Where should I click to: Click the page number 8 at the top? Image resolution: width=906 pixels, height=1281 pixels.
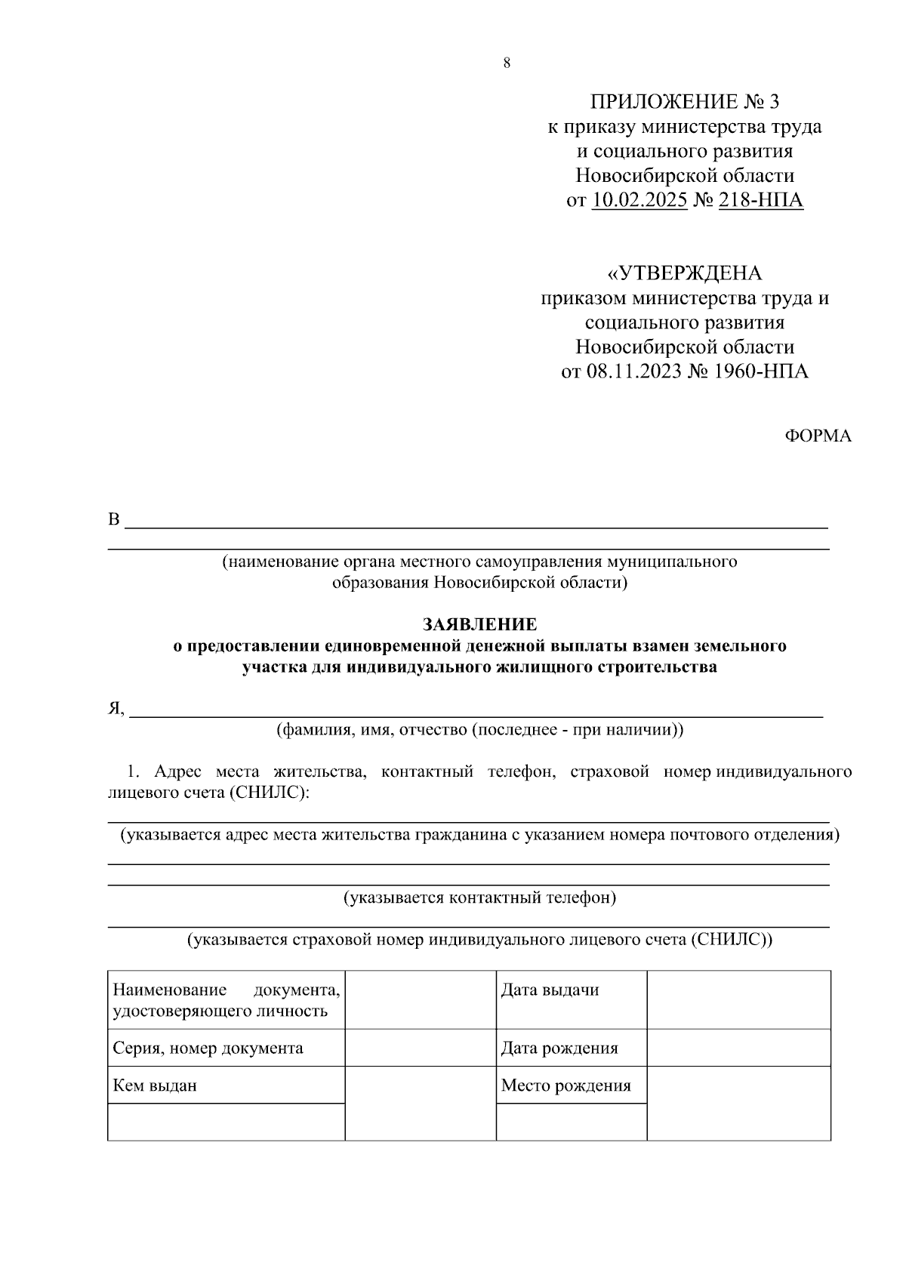pyautogui.click(x=507, y=63)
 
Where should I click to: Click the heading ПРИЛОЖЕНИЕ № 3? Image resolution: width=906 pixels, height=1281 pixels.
pyautogui.click(x=684, y=102)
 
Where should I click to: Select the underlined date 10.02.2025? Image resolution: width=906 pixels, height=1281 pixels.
pyautogui.click(x=639, y=201)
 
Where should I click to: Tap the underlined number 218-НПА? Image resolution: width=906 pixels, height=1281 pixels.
pyautogui.click(x=761, y=201)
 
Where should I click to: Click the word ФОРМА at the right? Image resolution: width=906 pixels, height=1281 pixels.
pyautogui.click(x=818, y=436)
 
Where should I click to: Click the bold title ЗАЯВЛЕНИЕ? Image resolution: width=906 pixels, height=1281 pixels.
pyautogui.click(x=480, y=625)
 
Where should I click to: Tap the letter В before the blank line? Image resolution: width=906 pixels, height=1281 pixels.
pyautogui.click(x=114, y=520)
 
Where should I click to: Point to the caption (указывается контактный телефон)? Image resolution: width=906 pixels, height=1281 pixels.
pyautogui.click(x=480, y=898)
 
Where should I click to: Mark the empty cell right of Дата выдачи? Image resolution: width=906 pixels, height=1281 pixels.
pyautogui.click(x=739, y=999)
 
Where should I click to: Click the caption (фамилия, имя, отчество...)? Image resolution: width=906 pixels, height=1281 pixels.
pyautogui.click(x=480, y=730)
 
